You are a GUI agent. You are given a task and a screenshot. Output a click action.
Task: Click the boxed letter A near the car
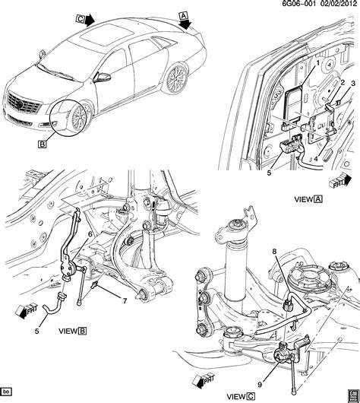click(x=183, y=14)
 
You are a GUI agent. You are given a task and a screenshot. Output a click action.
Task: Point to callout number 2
click(x=343, y=81)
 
